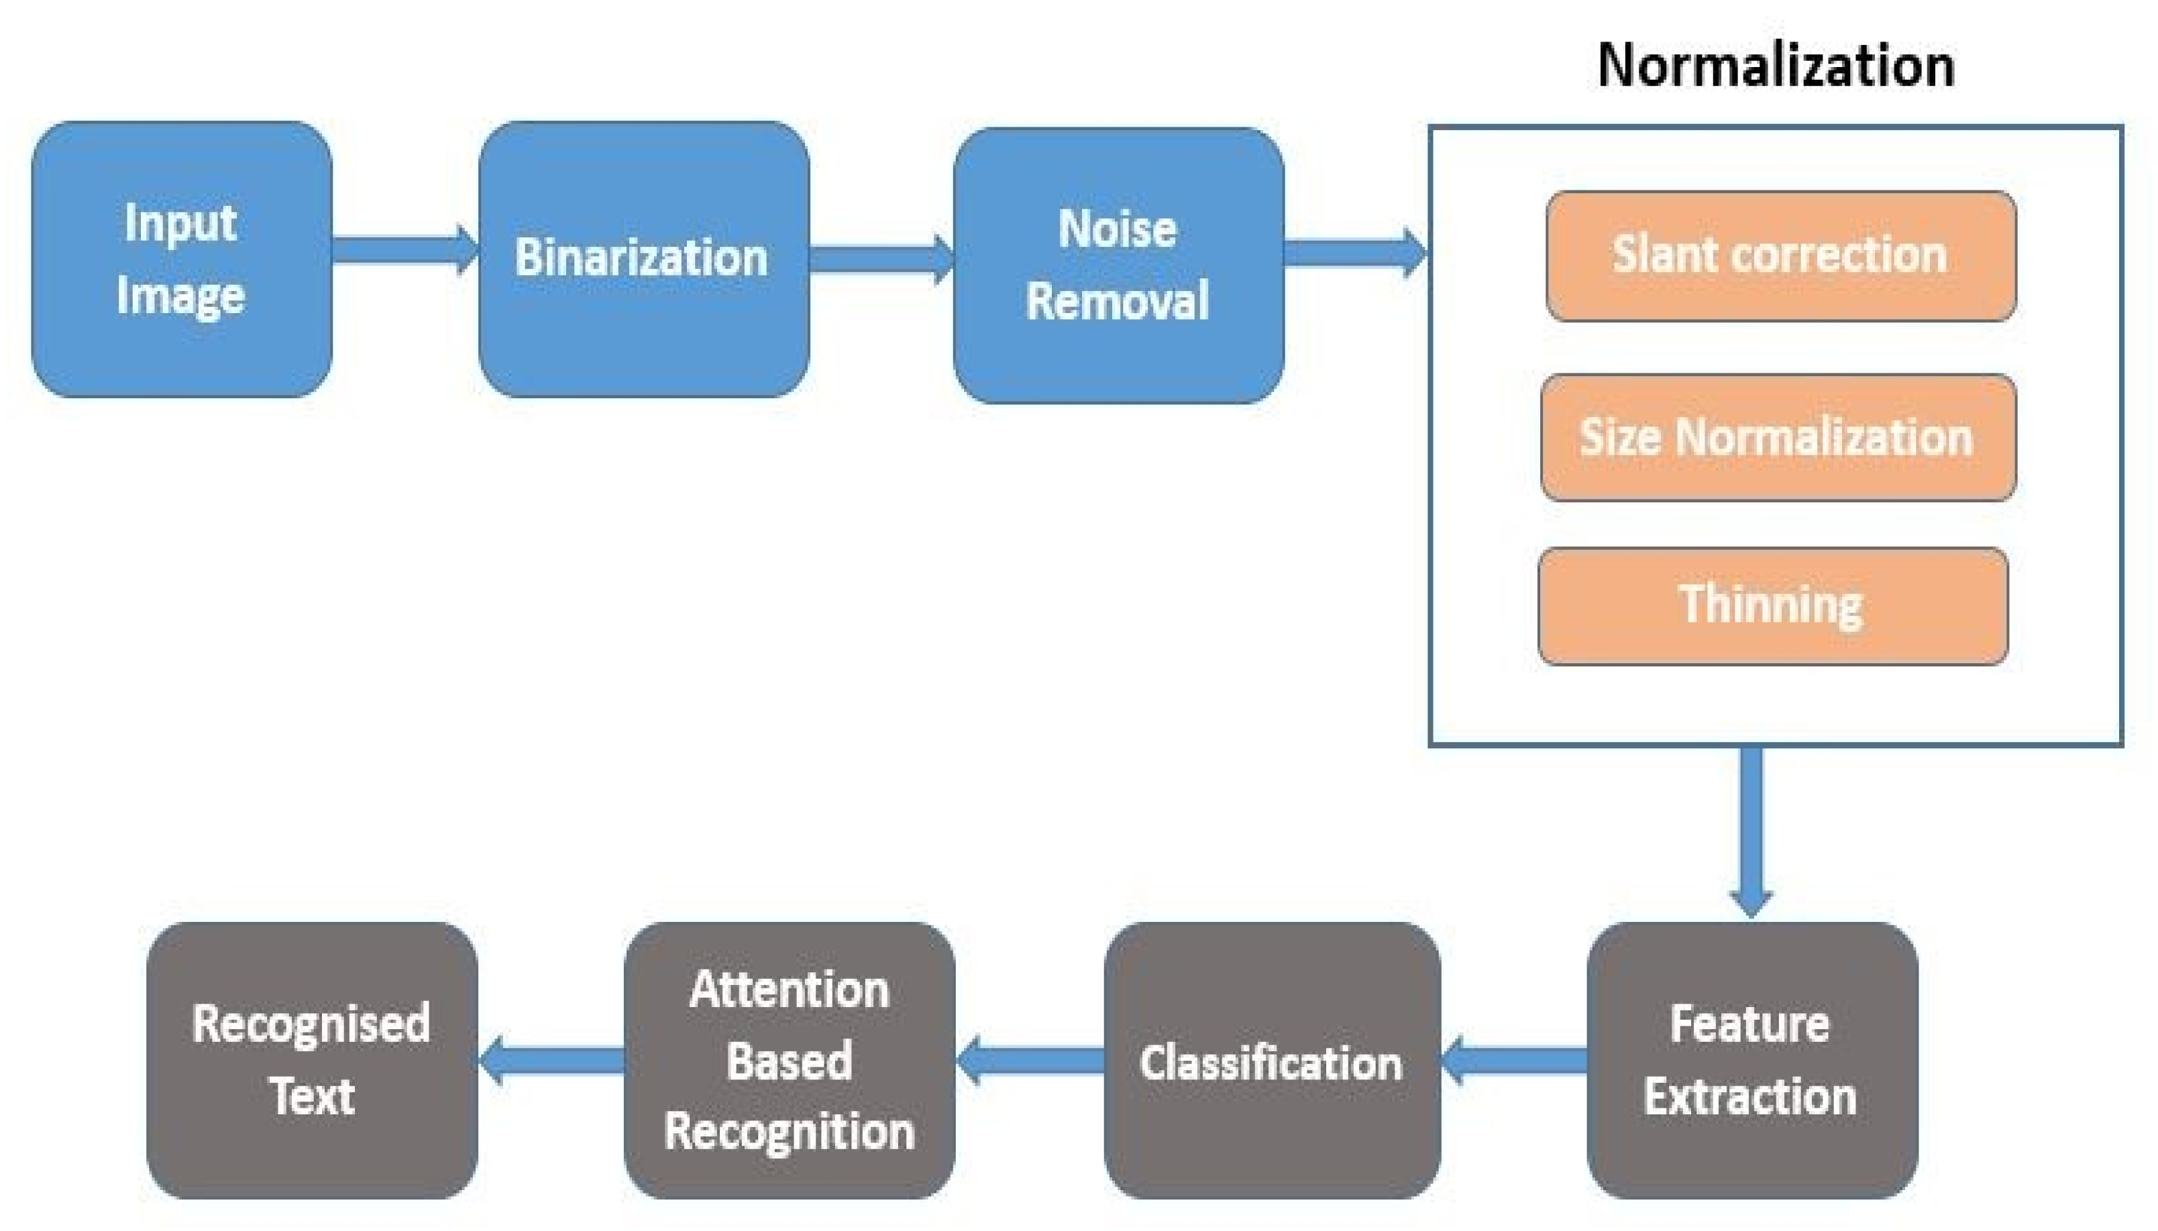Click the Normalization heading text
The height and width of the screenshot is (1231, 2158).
pyautogui.click(x=1775, y=66)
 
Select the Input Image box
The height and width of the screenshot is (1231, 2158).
pyautogui.click(x=181, y=259)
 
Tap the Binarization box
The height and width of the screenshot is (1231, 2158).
pyautogui.click(x=643, y=259)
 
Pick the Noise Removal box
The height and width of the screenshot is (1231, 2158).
pyautogui.click(x=1118, y=265)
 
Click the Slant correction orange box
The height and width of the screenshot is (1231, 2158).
pyautogui.click(x=1780, y=255)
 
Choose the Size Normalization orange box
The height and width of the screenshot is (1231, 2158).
pyautogui.click(x=1778, y=437)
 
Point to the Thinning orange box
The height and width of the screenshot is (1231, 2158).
pyautogui.click(x=1772, y=605)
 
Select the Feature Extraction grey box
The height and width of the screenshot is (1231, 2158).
pyautogui.click(x=1750, y=1059)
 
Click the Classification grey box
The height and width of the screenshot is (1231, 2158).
pyautogui.click(x=1271, y=1060)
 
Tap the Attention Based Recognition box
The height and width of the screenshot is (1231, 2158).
pyautogui.click(x=789, y=1060)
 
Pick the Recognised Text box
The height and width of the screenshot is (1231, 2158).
pyautogui.click(x=311, y=1060)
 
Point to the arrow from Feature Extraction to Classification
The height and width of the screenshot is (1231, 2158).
pyautogui.click(x=1513, y=1060)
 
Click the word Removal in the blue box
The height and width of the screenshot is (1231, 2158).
pyautogui.click(x=1118, y=300)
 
